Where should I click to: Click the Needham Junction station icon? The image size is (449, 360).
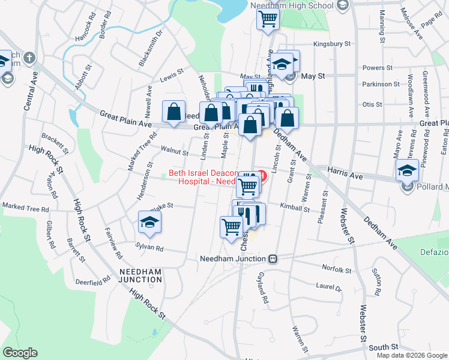273,259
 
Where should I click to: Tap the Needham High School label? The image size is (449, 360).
304,6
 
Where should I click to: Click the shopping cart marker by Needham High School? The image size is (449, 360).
267,18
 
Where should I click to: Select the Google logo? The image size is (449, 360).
20,353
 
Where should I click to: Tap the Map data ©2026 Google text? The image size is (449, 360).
412,355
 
